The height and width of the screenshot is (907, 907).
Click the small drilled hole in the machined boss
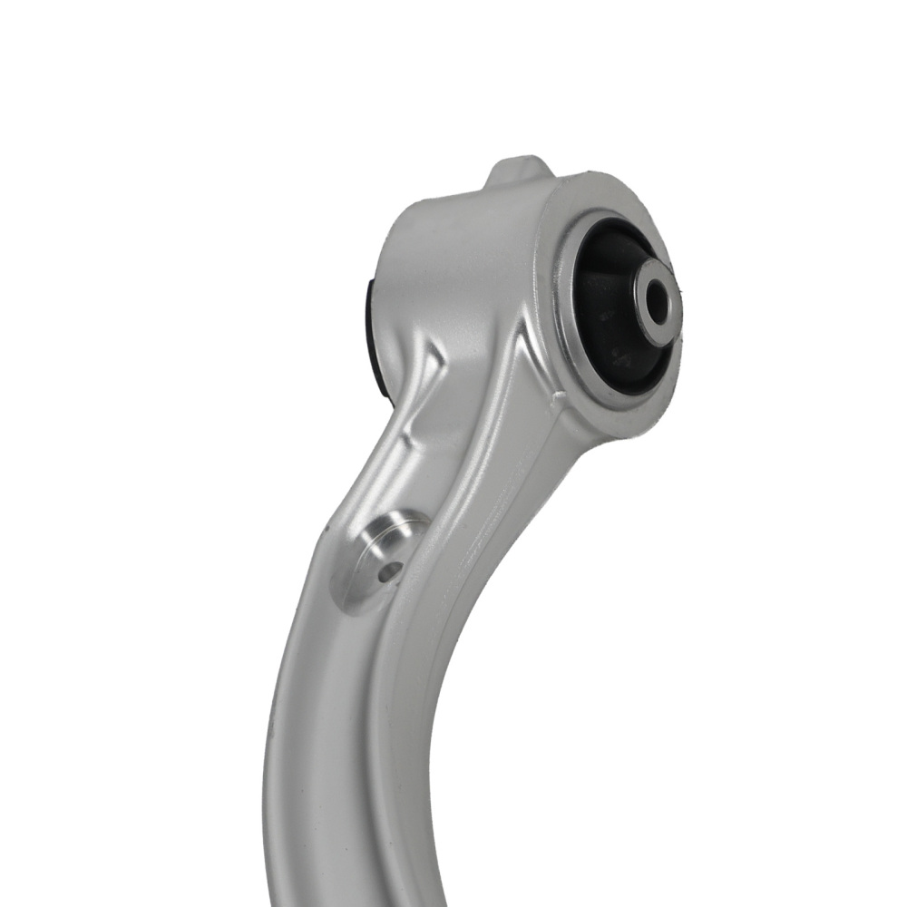(390, 572)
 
